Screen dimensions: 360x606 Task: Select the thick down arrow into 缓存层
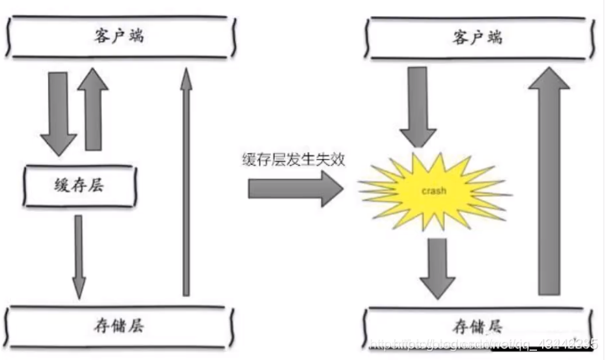57,113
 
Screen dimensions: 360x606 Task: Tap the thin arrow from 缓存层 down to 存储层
78,257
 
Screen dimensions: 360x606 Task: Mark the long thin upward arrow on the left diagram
184,181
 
